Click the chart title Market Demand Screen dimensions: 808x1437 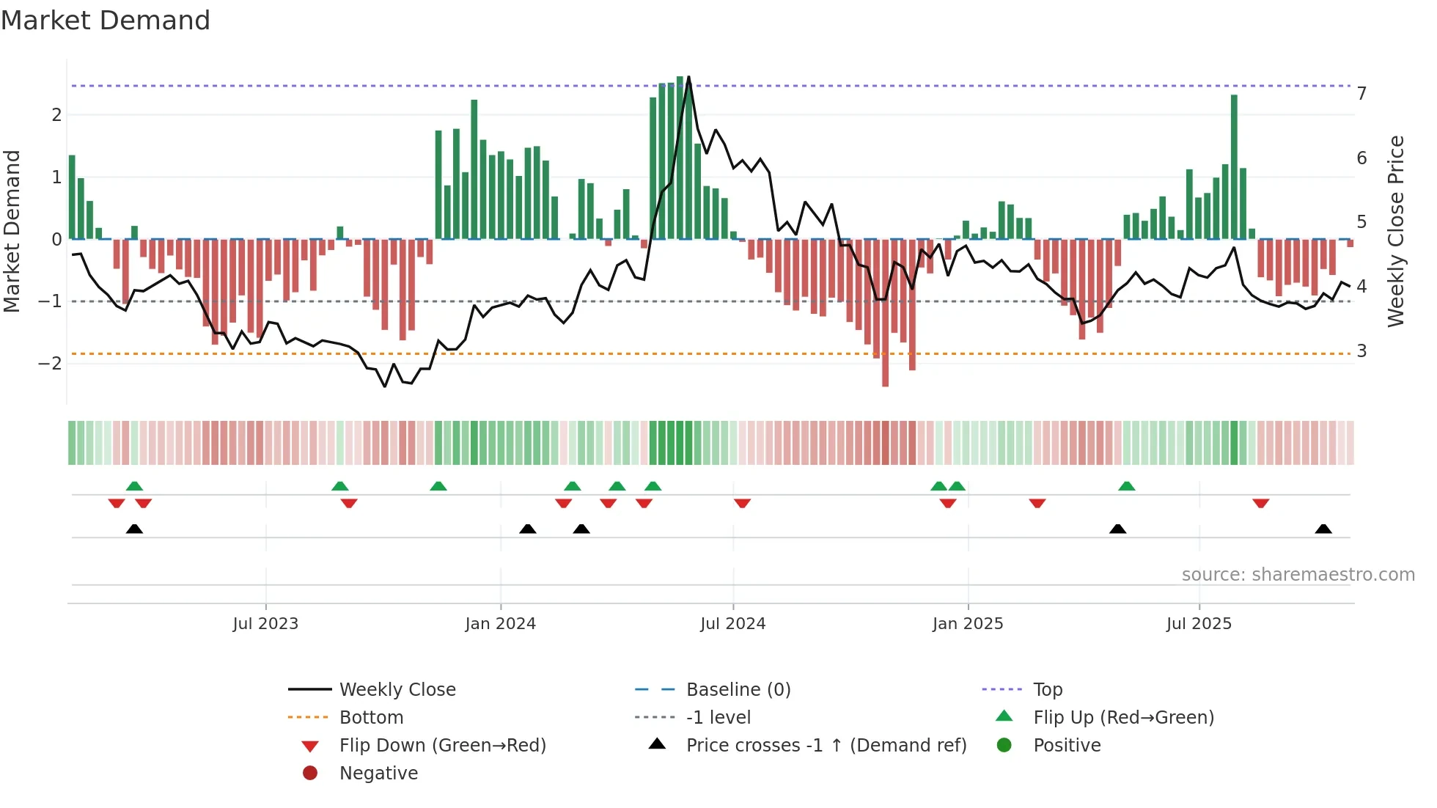[106, 21]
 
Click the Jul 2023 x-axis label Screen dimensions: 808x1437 [265, 624]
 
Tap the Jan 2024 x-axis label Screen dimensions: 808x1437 [501, 624]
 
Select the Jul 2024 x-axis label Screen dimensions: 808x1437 [732, 624]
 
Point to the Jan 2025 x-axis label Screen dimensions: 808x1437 [968, 624]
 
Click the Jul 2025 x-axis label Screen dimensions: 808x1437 [1199, 624]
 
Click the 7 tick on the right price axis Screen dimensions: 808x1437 [1361, 94]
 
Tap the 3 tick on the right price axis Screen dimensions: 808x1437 [1361, 351]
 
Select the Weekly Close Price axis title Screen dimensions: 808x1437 [1396, 231]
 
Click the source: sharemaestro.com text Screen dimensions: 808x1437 [1298, 575]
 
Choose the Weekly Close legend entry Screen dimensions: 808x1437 [397, 690]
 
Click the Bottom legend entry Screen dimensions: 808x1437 [371, 718]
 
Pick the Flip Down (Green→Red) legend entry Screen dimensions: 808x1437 [442, 746]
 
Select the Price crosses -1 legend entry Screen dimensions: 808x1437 [826, 746]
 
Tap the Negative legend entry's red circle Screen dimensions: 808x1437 [310, 774]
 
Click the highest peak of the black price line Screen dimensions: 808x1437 [688, 77]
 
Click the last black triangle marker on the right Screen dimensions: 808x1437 [1323, 529]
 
